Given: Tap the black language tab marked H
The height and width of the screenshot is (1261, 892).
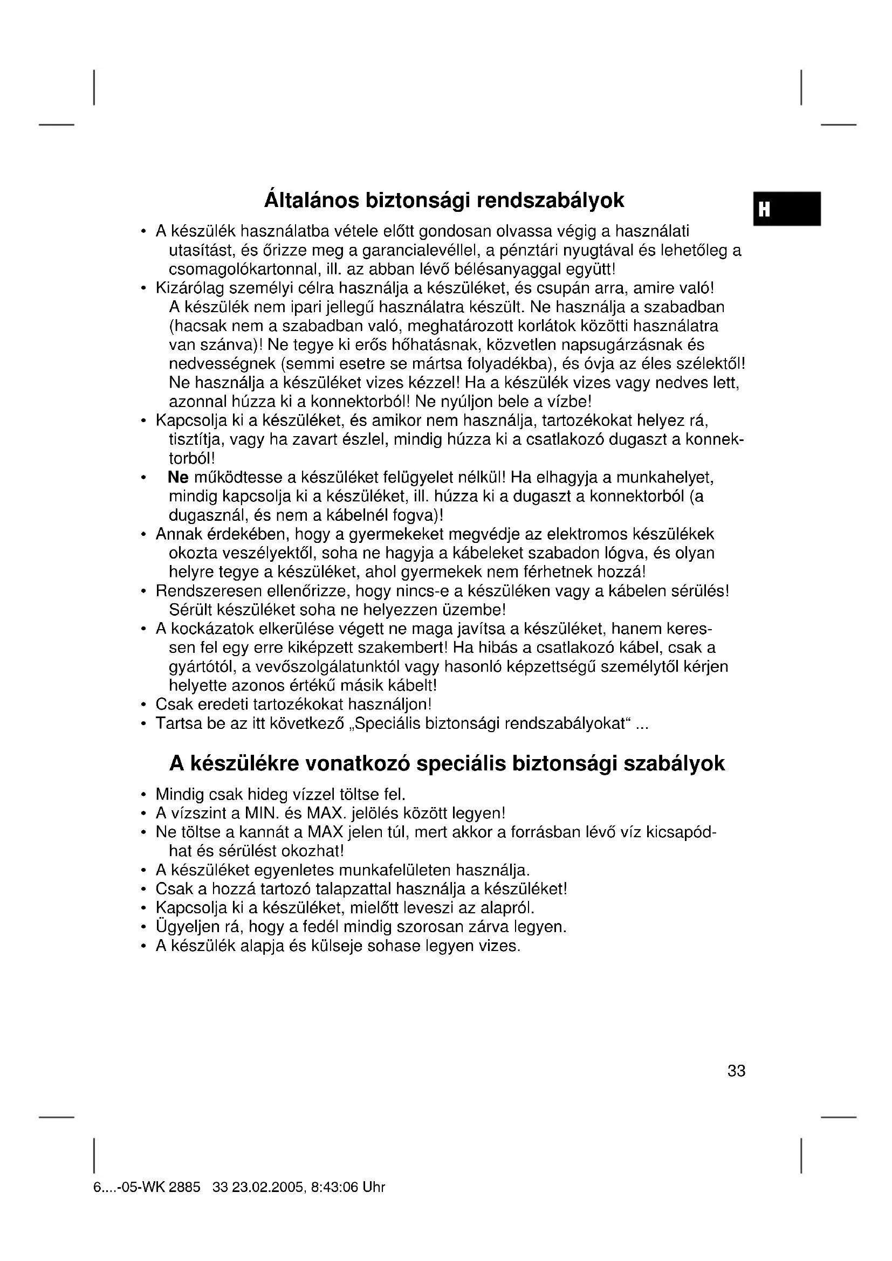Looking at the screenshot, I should [x=786, y=209].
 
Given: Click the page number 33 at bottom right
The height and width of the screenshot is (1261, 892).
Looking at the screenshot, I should [x=736, y=1071].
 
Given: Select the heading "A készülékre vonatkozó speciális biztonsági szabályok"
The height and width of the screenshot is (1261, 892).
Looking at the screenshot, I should [x=447, y=763].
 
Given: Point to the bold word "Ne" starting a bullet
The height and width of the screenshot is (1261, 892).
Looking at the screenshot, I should [x=179, y=477].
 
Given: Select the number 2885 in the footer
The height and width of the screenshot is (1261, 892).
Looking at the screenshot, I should [x=184, y=1187].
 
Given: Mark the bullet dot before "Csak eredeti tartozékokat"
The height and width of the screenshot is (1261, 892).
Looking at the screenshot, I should [x=143, y=705].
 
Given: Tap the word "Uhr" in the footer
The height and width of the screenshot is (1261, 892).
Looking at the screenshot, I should [x=374, y=1187].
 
